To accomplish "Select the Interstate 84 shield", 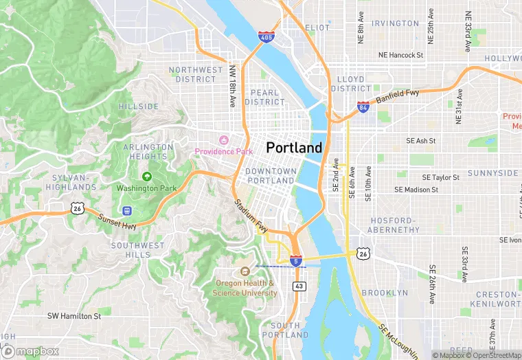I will (363, 106).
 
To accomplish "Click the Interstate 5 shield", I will (295, 261).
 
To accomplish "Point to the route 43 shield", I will (299, 285).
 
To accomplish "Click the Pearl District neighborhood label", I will (264, 97).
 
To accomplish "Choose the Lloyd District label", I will (351, 84).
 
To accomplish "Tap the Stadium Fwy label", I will (250, 215).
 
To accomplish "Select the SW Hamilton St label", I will (73, 316).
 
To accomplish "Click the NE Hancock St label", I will (400, 55).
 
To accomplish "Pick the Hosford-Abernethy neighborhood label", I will (394, 225).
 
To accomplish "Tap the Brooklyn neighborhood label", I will (385, 293).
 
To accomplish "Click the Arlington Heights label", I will (148, 152).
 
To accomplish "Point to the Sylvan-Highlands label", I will (73, 182).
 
